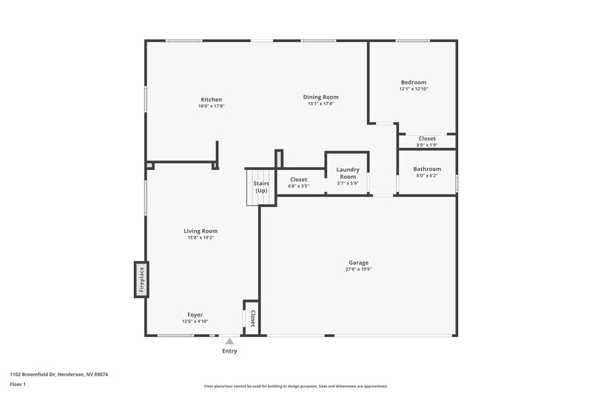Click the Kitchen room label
pos(211,100)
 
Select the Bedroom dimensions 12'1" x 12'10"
pos(414,89)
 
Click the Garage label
pos(359,262)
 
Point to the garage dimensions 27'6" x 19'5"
pos(359,270)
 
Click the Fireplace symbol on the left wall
pos(140,279)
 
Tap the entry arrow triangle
pos(229,342)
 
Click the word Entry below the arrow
pos(229,351)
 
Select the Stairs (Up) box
pos(260,187)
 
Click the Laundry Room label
pos(347,173)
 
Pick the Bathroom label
pos(427,169)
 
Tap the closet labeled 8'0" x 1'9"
pos(427,141)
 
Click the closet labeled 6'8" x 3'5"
pos(298,183)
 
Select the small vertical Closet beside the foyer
pos(252,318)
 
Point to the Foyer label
pos(195,314)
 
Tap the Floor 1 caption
pos(18,385)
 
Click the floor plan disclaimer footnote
pos(295,386)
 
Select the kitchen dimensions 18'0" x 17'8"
pos(211,106)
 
